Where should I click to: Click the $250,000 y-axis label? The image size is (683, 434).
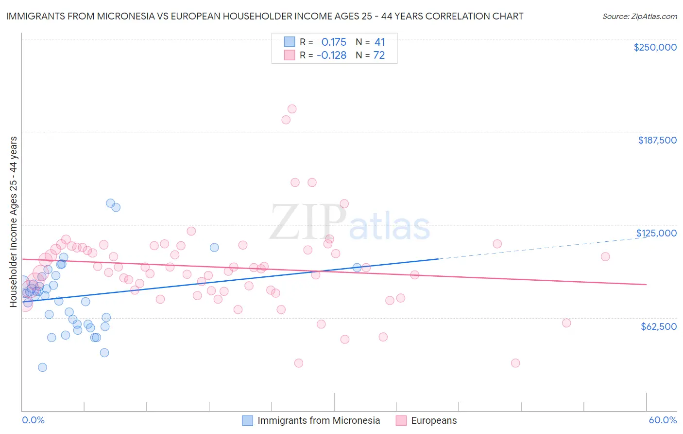tap(655, 47)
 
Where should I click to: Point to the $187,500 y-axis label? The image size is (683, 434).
tap(657, 140)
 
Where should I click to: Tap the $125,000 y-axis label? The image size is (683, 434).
tap(656, 233)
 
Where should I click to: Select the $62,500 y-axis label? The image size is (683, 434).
tap(658, 326)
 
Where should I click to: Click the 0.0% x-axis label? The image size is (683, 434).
tap(33, 420)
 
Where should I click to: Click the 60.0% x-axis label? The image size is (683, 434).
tap(663, 420)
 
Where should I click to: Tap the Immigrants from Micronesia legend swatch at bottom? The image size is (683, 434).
tap(248, 420)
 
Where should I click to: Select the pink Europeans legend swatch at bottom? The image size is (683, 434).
tap(401, 420)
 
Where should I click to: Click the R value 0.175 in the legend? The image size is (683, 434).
tap(334, 42)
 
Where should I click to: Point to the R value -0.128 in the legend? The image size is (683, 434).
tap(331, 55)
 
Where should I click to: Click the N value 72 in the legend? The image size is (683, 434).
tap(379, 55)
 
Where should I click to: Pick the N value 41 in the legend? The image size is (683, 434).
tap(379, 42)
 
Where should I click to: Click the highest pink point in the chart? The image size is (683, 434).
tap(292, 109)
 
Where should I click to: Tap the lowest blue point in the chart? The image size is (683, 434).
tap(42, 367)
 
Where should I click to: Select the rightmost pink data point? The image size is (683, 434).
tap(605, 256)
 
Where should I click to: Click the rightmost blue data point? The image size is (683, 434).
tap(357, 268)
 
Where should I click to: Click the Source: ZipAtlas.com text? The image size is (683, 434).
tap(639, 16)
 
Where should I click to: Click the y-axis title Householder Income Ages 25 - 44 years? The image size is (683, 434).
tap(14, 222)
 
